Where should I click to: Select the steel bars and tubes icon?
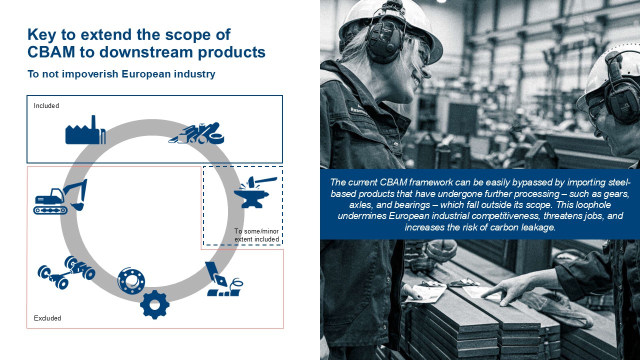196,133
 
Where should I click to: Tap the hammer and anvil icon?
255,192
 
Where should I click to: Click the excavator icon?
60,196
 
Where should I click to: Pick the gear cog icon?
154,304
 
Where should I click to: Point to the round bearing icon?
131,281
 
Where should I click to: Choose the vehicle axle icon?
66,272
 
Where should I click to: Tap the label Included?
46,105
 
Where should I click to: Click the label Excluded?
47,318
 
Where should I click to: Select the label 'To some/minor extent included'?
256,235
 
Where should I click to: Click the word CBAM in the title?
51,52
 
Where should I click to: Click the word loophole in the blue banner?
593,205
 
